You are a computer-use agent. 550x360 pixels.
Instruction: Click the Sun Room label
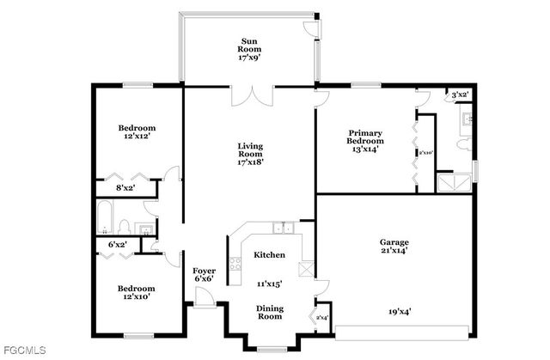(249, 50)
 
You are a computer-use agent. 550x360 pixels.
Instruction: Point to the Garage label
(394, 242)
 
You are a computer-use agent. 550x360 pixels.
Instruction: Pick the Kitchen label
(269, 255)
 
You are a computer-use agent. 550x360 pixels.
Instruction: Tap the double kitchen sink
(282, 229)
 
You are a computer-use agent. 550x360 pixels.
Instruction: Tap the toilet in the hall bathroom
(124, 228)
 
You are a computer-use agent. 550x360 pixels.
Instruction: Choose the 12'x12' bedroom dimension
(137, 137)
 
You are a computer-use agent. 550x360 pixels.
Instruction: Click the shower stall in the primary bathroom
(448, 183)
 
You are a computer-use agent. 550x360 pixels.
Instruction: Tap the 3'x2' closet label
(461, 95)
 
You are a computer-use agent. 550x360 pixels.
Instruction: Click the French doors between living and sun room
(249, 95)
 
